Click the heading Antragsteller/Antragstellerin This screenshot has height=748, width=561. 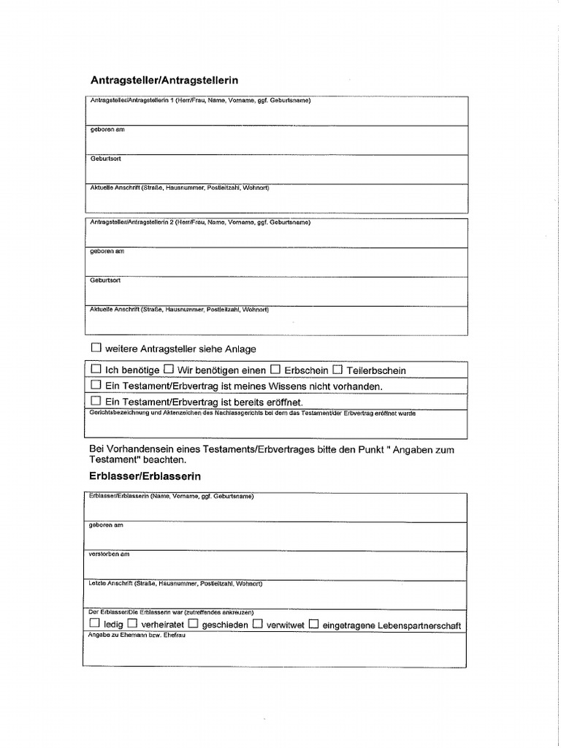click(164, 80)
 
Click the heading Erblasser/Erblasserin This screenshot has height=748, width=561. click(145, 476)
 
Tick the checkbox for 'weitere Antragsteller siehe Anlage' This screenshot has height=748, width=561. click(96, 348)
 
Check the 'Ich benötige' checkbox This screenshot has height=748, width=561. click(96, 370)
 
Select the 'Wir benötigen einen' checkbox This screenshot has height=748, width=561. click(168, 370)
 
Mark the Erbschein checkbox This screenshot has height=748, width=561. click(275, 370)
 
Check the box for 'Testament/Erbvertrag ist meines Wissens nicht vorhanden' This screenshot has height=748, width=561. click(96, 385)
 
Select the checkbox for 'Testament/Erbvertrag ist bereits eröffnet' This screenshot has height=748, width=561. click(96, 401)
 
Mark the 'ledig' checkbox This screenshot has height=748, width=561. click(95, 625)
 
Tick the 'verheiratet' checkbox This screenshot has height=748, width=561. click(132, 625)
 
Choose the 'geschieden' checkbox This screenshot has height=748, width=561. click(193, 625)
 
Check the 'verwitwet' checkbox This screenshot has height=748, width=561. click(258, 625)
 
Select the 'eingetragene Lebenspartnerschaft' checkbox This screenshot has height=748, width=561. click(313, 625)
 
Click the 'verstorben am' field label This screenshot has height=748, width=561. click(110, 554)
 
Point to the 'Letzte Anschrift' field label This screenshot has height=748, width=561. click(175, 584)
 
